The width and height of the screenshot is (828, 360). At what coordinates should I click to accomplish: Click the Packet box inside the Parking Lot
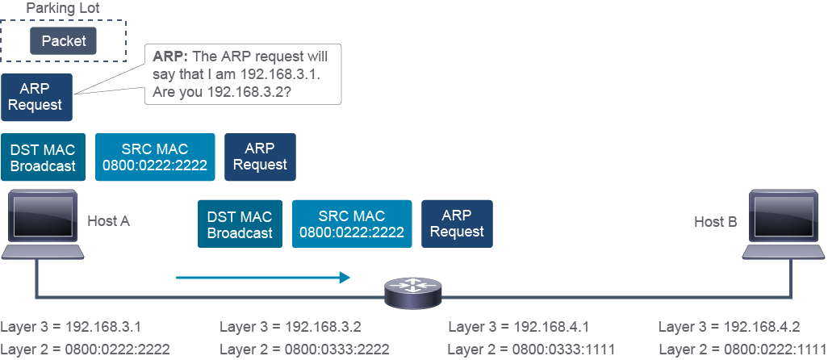point(64,40)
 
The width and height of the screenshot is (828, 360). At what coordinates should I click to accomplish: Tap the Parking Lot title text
point(63,8)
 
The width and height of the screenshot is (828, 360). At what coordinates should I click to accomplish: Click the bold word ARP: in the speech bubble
point(173,57)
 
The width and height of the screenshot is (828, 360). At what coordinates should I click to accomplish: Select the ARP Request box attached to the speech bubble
point(36,97)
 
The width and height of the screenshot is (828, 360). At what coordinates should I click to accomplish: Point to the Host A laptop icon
point(42,224)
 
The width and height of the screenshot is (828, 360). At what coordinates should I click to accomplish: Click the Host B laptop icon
point(784,224)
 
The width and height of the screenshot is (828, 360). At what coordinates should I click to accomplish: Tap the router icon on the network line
point(413,292)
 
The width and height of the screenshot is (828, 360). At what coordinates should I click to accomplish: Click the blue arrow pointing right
point(263,277)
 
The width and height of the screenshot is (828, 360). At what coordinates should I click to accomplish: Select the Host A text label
point(108,221)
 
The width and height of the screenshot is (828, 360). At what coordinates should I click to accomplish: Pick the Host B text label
point(716,222)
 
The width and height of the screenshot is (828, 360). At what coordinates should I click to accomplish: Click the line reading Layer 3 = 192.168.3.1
point(71,327)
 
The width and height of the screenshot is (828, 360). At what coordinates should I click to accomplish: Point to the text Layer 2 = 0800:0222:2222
point(85,349)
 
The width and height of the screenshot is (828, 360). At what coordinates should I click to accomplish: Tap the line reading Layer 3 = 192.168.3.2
point(291,327)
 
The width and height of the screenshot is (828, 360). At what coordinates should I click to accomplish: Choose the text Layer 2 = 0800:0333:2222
point(305,349)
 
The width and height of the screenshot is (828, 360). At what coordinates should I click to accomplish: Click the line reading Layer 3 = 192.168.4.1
point(519,327)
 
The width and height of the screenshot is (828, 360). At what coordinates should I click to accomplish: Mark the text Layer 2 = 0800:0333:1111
point(531,349)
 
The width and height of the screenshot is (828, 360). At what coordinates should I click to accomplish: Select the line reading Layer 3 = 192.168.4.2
point(730,327)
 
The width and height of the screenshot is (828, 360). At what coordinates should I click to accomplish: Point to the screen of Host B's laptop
point(784,216)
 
